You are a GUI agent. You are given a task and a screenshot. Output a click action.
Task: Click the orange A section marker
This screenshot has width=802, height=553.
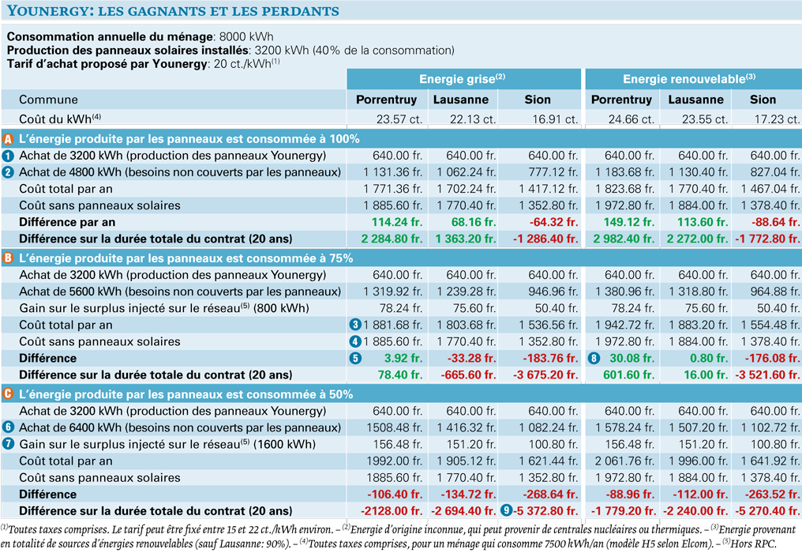(x=8, y=139)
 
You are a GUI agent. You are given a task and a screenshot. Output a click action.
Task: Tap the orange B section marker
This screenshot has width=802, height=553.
(x=8, y=258)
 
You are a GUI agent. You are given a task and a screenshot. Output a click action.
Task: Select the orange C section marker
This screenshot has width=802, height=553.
(x=8, y=394)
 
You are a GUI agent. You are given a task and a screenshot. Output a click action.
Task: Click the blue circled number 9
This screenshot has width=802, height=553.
(x=506, y=510)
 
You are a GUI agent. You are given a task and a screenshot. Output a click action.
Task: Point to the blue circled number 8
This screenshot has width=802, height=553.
(x=594, y=358)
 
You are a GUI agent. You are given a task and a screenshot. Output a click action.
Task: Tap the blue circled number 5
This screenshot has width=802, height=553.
(x=355, y=358)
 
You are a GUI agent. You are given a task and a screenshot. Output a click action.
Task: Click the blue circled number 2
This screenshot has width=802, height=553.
(x=8, y=172)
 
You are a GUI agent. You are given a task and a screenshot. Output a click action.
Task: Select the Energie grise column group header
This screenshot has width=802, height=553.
(x=463, y=79)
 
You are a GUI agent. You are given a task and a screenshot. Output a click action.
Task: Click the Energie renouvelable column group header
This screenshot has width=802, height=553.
(x=689, y=79)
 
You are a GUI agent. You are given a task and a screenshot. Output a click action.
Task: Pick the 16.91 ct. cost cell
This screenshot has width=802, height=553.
(x=555, y=119)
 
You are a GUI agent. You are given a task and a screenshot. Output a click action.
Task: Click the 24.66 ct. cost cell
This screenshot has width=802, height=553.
(x=631, y=119)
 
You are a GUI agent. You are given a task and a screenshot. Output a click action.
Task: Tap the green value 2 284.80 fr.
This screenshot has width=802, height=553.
(x=392, y=239)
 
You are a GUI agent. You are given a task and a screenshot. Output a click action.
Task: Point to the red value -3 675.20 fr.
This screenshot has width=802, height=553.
(x=545, y=374)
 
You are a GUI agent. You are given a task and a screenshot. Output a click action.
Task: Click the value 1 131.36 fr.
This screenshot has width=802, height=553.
(x=393, y=172)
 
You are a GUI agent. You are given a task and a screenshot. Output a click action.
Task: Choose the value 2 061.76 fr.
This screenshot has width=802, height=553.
(x=624, y=461)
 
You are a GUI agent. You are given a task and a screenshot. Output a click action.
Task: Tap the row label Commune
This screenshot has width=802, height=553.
(x=49, y=100)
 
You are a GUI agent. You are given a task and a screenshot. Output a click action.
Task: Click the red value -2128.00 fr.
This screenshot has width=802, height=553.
(x=392, y=510)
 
